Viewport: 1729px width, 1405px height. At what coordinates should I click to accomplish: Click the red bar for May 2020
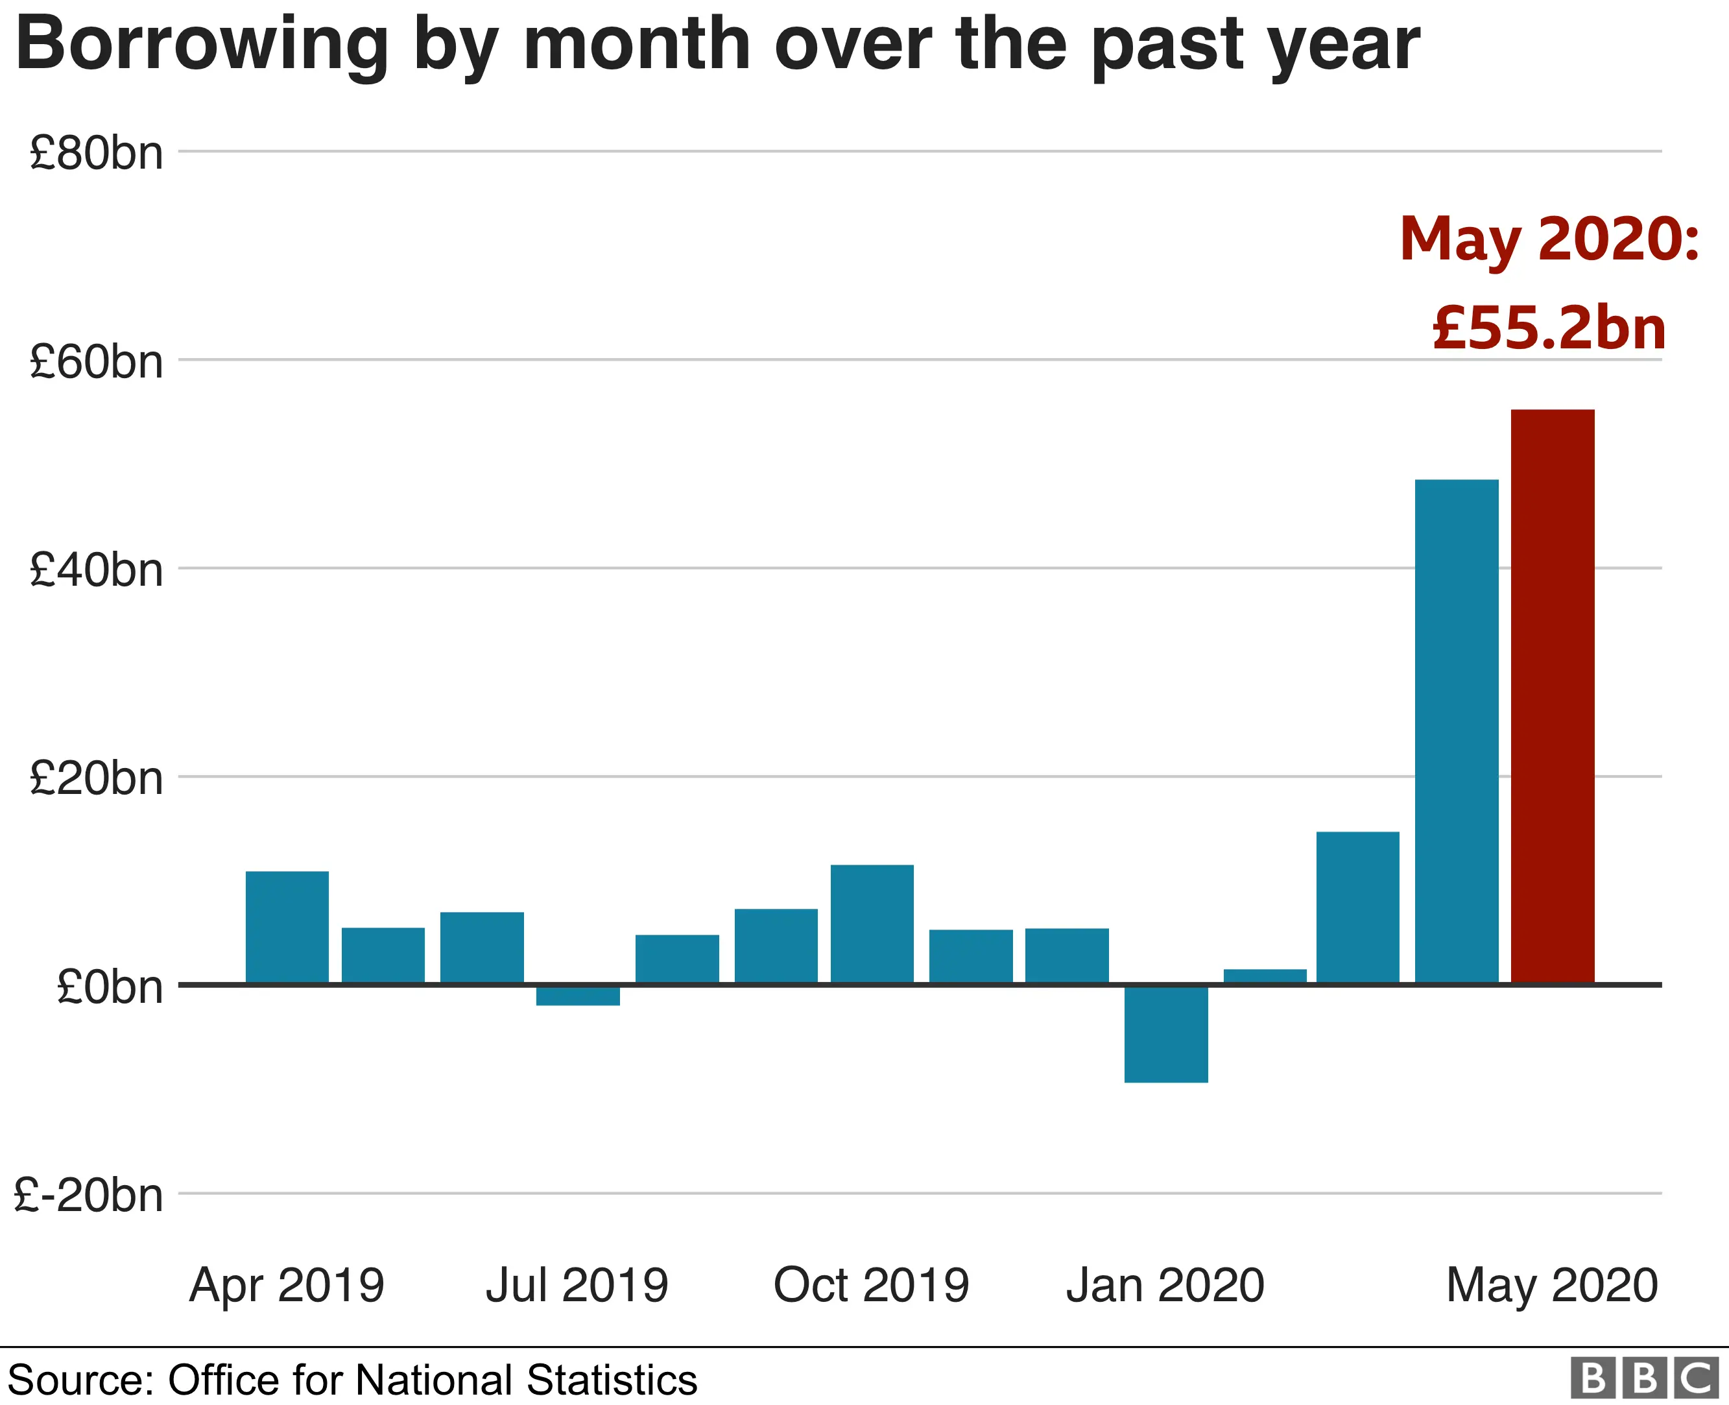pyautogui.click(x=1552, y=696)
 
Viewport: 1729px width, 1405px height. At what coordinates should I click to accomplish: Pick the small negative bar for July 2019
pyautogui.click(x=578, y=996)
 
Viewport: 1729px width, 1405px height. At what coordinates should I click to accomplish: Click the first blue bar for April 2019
pyautogui.click(x=287, y=927)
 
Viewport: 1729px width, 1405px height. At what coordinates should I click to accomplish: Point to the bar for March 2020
pyautogui.click(x=1357, y=907)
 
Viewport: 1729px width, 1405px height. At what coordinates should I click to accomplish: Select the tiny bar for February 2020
pyautogui.click(x=1265, y=976)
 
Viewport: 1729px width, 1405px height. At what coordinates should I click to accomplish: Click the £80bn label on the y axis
pyautogui.click(x=96, y=152)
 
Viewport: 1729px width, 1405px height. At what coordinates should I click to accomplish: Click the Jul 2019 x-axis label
pyautogui.click(x=577, y=1285)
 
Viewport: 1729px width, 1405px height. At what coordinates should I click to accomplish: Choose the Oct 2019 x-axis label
pyautogui.click(x=872, y=1285)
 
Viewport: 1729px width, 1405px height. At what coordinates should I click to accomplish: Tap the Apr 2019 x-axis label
pyautogui.click(x=287, y=1285)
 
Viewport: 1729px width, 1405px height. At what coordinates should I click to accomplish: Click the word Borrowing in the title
pyautogui.click(x=202, y=45)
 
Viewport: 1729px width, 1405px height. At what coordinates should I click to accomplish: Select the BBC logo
pyautogui.click(x=1644, y=1378)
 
